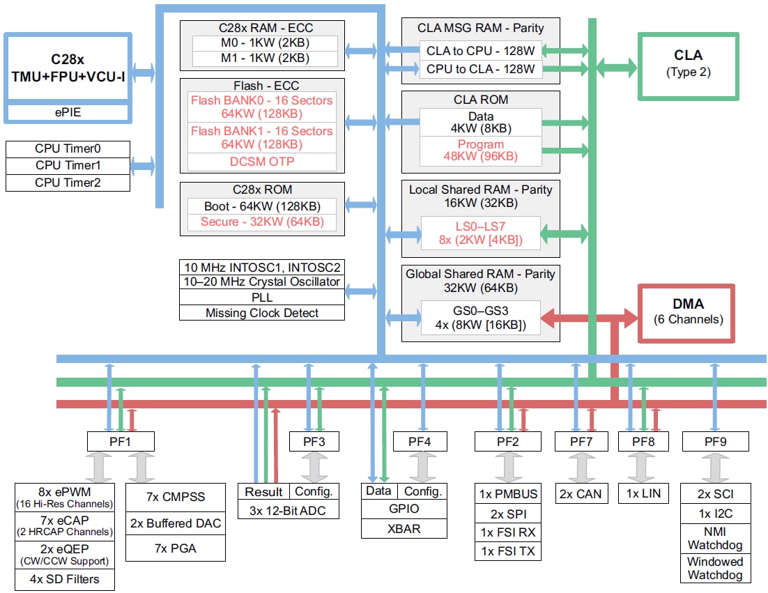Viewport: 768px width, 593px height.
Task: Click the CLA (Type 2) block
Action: click(689, 63)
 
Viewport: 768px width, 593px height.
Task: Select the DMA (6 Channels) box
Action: click(688, 311)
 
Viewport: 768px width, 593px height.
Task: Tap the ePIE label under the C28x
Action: click(68, 111)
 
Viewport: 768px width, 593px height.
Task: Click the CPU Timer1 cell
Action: click(68, 166)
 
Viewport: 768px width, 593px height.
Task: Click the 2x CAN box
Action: click(580, 494)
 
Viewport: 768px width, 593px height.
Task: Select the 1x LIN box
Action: click(643, 494)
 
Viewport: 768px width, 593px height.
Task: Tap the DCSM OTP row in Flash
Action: click(262, 162)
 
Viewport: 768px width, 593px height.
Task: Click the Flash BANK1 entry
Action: click(262, 137)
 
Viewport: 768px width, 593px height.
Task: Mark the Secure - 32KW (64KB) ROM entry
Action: click(262, 222)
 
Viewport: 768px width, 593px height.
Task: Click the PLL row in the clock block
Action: click(262, 298)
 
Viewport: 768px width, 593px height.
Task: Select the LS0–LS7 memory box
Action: click(480, 233)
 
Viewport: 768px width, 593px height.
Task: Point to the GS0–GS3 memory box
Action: click(480, 317)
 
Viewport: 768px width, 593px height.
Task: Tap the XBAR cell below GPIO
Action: click(404, 528)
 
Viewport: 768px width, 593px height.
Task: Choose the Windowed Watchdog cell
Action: click(715, 568)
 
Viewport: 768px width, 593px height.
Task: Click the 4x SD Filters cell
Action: click(64, 579)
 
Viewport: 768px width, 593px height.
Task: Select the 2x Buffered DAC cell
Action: click(176, 523)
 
